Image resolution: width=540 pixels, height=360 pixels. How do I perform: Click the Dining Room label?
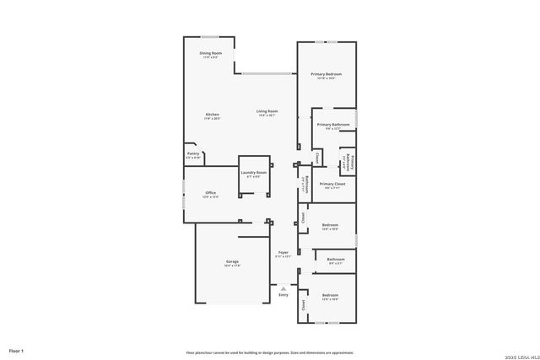point(211,54)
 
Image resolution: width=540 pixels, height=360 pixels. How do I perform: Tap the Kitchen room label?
point(213,116)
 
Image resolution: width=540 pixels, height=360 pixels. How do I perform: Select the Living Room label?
point(267,112)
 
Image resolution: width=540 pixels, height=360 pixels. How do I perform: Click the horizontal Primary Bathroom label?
point(332,125)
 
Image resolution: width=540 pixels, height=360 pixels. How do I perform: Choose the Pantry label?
point(193,154)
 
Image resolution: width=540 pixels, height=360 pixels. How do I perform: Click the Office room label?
point(211,193)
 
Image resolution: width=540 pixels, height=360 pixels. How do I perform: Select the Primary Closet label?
point(332,184)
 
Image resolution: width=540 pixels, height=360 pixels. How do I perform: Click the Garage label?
point(232,262)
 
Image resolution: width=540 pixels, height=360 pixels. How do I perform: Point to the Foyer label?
point(283,253)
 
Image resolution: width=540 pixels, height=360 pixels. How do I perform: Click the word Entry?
point(283,294)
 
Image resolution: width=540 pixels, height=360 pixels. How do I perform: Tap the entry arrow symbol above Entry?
point(283,287)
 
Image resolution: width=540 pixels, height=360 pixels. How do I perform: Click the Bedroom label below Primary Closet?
point(330,226)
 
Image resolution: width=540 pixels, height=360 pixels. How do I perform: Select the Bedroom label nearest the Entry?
point(330,296)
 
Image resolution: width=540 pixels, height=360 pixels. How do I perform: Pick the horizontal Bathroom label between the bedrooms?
point(335,260)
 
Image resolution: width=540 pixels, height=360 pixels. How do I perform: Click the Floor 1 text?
point(16,350)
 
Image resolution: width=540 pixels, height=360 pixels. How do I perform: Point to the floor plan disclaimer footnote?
point(269,352)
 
